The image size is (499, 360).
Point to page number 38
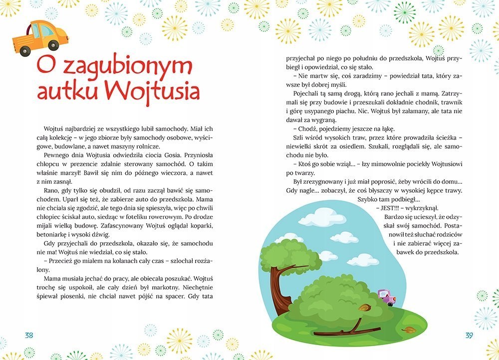click(29, 336)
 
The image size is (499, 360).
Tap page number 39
click(469, 336)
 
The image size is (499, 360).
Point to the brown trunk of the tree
click(277, 290)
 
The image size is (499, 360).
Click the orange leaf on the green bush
click(364, 308)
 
